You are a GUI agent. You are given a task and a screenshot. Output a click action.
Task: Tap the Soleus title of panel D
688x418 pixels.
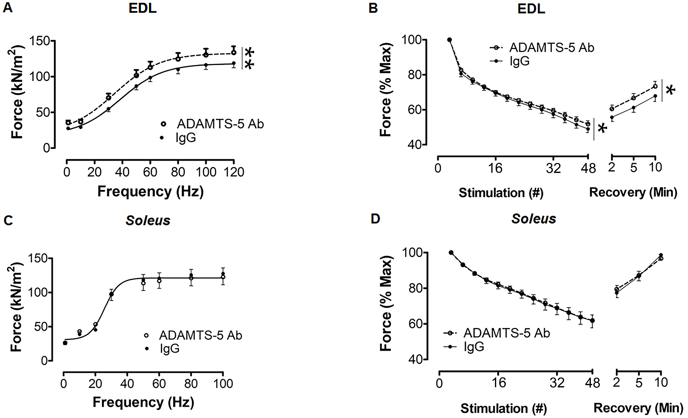coord(533,219)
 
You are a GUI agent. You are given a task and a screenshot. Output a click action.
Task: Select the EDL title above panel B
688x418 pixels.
coord(531,9)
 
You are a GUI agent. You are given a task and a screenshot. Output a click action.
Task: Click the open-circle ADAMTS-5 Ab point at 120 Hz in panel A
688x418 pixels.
coord(234,52)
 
